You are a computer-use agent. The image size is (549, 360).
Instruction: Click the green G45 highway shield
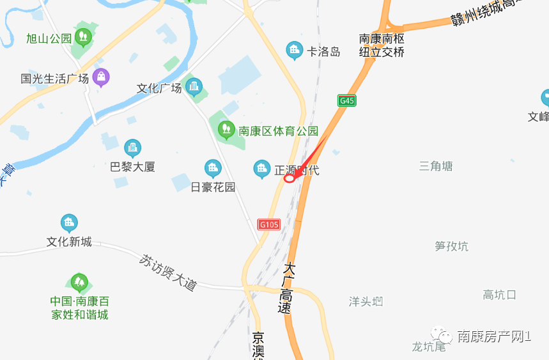click(x=347, y=100)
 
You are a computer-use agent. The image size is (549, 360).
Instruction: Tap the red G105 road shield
click(x=269, y=224)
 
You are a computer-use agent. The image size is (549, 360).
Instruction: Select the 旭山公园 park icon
click(x=82, y=36)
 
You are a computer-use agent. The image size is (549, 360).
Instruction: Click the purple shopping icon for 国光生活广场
click(x=100, y=77)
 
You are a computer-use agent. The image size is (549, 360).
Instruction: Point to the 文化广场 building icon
click(x=193, y=86)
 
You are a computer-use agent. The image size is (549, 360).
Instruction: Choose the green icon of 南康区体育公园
click(x=226, y=129)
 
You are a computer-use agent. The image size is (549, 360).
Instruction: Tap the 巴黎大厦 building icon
click(x=132, y=148)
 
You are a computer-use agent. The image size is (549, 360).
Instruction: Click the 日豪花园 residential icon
click(x=213, y=168)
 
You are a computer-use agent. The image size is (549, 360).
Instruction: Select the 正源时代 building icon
click(x=261, y=169)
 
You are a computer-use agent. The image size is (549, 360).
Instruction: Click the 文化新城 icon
click(x=69, y=223)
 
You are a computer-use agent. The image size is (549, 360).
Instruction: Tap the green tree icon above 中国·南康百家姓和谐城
click(x=79, y=281)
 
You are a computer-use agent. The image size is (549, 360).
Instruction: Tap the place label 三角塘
click(x=436, y=166)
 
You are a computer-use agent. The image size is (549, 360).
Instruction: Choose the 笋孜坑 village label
click(x=451, y=246)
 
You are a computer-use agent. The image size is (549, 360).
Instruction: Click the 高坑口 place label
click(x=499, y=295)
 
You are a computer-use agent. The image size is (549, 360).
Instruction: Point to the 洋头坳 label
click(x=366, y=301)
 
